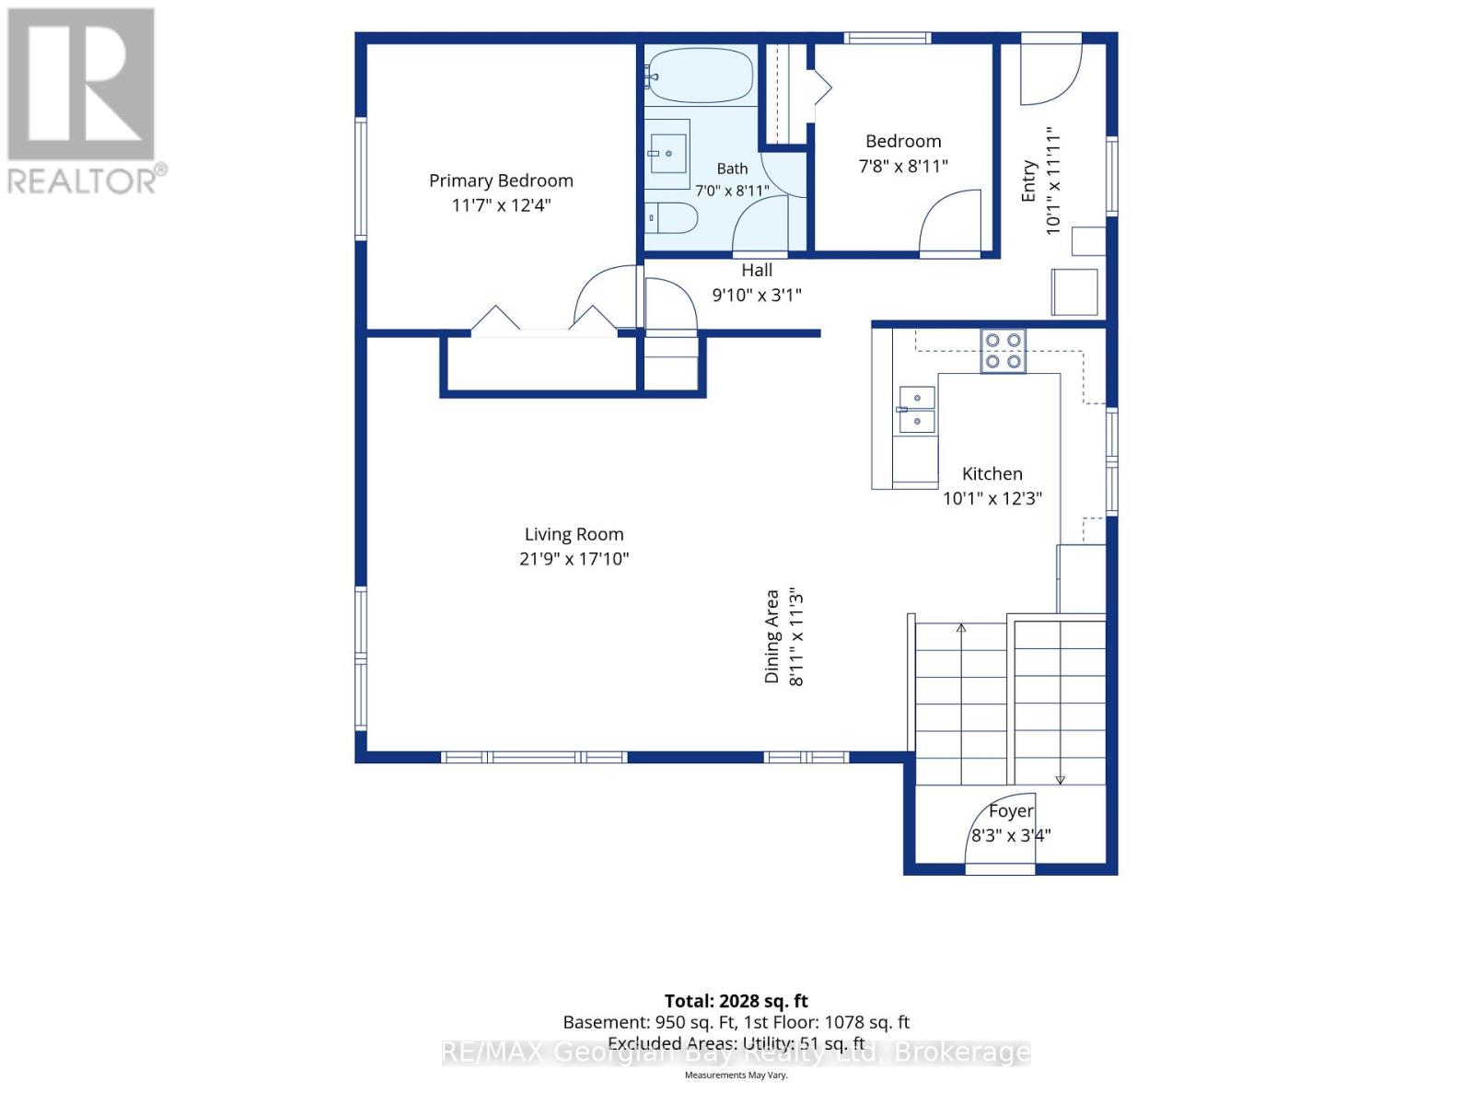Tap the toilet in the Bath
(670, 217)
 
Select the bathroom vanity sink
(668, 154)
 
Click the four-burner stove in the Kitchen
(1003, 350)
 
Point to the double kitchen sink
(916, 409)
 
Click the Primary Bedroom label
(501, 180)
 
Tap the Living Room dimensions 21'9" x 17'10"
(574, 558)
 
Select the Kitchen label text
(992, 473)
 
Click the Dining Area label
(771, 636)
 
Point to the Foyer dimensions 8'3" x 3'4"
(1011, 835)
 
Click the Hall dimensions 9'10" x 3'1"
(757, 295)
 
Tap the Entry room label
(1027, 180)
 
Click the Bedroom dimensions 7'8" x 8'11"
(903, 166)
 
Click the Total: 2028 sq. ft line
(736, 1001)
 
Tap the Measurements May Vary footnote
(736, 1075)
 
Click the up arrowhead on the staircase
(961, 628)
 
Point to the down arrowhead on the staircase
(1061, 780)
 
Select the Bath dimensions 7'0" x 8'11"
(732, 191)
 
